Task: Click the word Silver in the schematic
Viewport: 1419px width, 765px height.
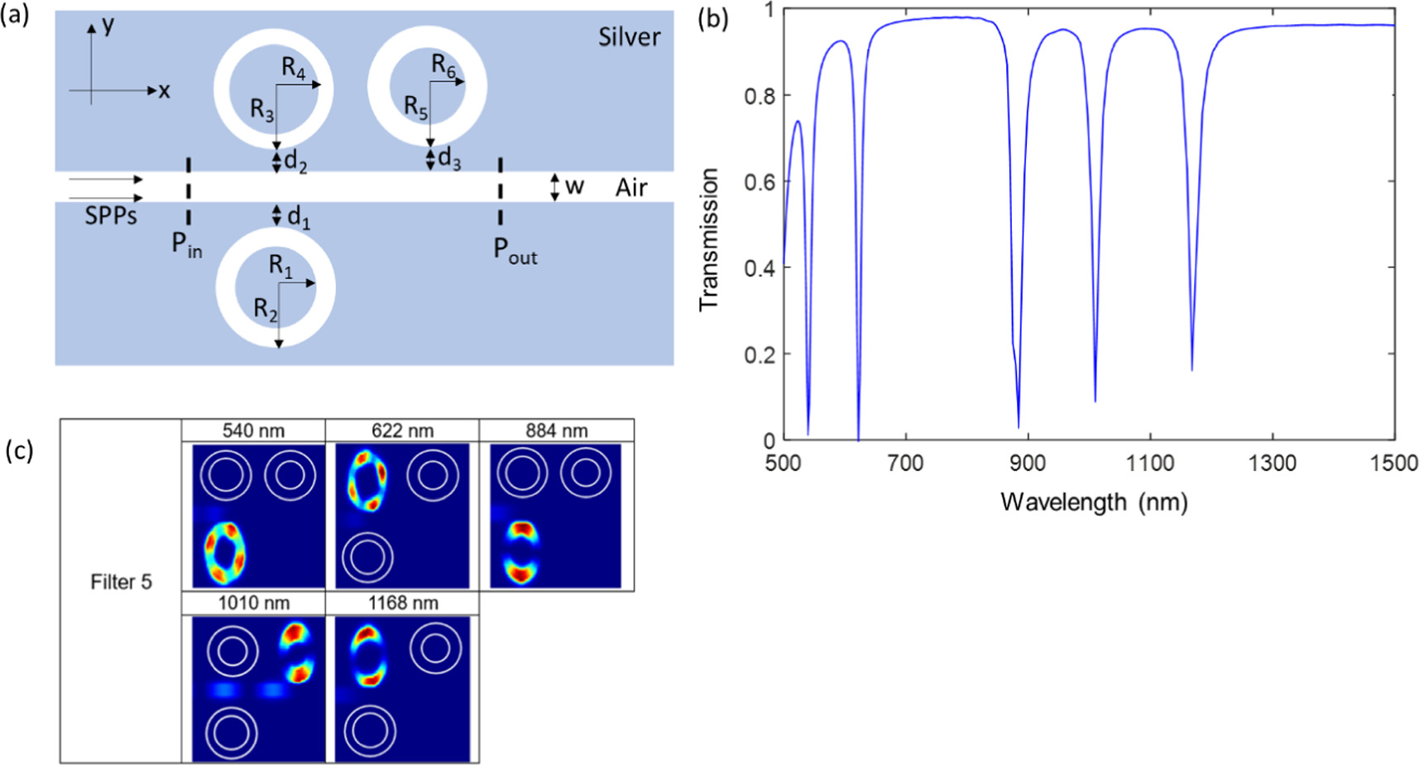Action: [x=629, y=37]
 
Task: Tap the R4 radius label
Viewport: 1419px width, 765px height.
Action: [x=294, y=68]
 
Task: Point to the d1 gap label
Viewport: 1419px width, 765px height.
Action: [x=298, y=218]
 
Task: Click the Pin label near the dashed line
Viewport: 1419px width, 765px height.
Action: [x=186, y=245]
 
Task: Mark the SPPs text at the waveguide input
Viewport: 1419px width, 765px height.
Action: [x=110, y=217]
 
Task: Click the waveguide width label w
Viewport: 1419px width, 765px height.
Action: [x=574, y=186]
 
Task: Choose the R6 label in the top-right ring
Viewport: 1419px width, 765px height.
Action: [x=443, y=65]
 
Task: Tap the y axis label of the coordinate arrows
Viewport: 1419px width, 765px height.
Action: [x=108, y=25]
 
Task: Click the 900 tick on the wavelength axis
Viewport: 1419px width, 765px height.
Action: [x=1027, y=463]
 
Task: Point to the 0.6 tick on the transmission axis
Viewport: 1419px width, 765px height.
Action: [x=760, y=181]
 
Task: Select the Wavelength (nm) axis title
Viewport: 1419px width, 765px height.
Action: [x=1094, y=502]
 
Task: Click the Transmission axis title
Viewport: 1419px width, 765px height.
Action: [x=708, y=240]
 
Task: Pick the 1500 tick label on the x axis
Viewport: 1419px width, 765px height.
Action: [x=1394, y=463]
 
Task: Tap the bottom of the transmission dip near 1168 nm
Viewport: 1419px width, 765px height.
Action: [x=1192, y=369]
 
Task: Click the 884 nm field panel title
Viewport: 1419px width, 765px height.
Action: [x=556, y=431]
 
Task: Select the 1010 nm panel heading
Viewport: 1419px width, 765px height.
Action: [x=253, y=603]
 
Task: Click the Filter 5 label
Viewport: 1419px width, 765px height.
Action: [x=121, y=582]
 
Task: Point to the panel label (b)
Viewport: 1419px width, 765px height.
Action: [x=712, y=18]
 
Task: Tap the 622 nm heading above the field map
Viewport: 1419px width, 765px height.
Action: [x=402, y=431]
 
